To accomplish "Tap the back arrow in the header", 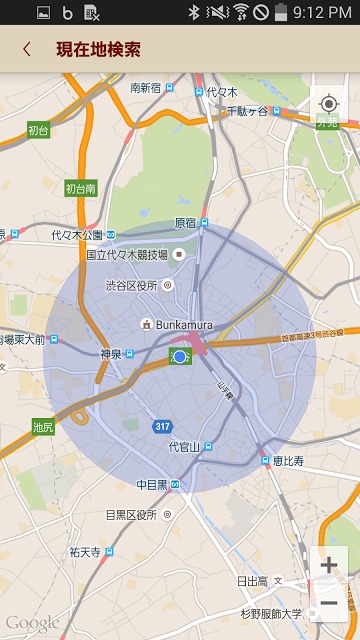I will (27, 49).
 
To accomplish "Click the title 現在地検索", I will (98, 49).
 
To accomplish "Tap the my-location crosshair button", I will (328, 104).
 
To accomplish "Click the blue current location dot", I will (180, 357).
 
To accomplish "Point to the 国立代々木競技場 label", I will (127, 254).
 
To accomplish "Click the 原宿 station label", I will (185, 222).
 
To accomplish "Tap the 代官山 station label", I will (184, 446).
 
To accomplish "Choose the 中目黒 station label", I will (152, 485).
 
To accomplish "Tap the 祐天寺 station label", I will (88, 551).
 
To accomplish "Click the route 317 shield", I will (162, 426).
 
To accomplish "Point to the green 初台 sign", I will (38, 130).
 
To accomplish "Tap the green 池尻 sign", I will (43, 427).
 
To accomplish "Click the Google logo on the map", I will (32, 623).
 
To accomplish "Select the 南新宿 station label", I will (152, 87).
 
